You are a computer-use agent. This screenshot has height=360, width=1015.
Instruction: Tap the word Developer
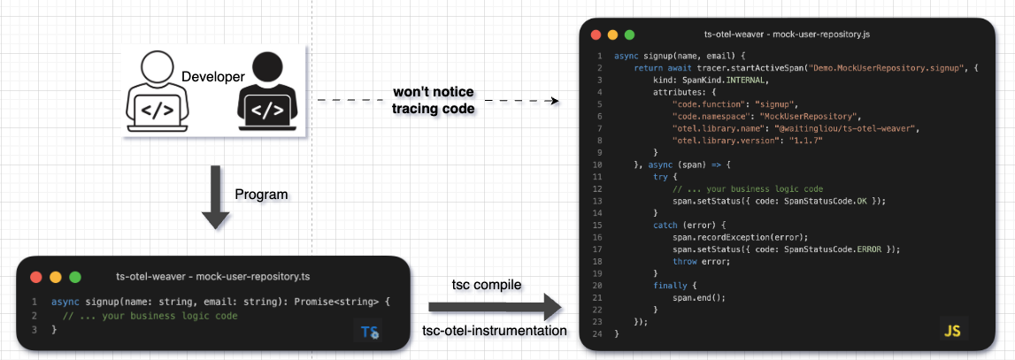212,78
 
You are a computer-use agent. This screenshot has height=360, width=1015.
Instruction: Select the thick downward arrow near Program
215,197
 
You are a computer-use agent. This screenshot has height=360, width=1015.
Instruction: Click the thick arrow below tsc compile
496,308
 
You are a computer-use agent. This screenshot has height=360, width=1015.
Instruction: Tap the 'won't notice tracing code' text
434,101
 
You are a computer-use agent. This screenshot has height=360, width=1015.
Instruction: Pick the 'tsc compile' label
485,285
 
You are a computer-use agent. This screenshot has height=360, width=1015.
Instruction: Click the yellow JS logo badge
952,331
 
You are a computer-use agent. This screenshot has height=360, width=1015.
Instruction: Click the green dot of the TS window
74,277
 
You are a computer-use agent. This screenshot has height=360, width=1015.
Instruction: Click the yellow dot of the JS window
611,34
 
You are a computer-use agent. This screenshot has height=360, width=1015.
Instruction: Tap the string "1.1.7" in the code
803,140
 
